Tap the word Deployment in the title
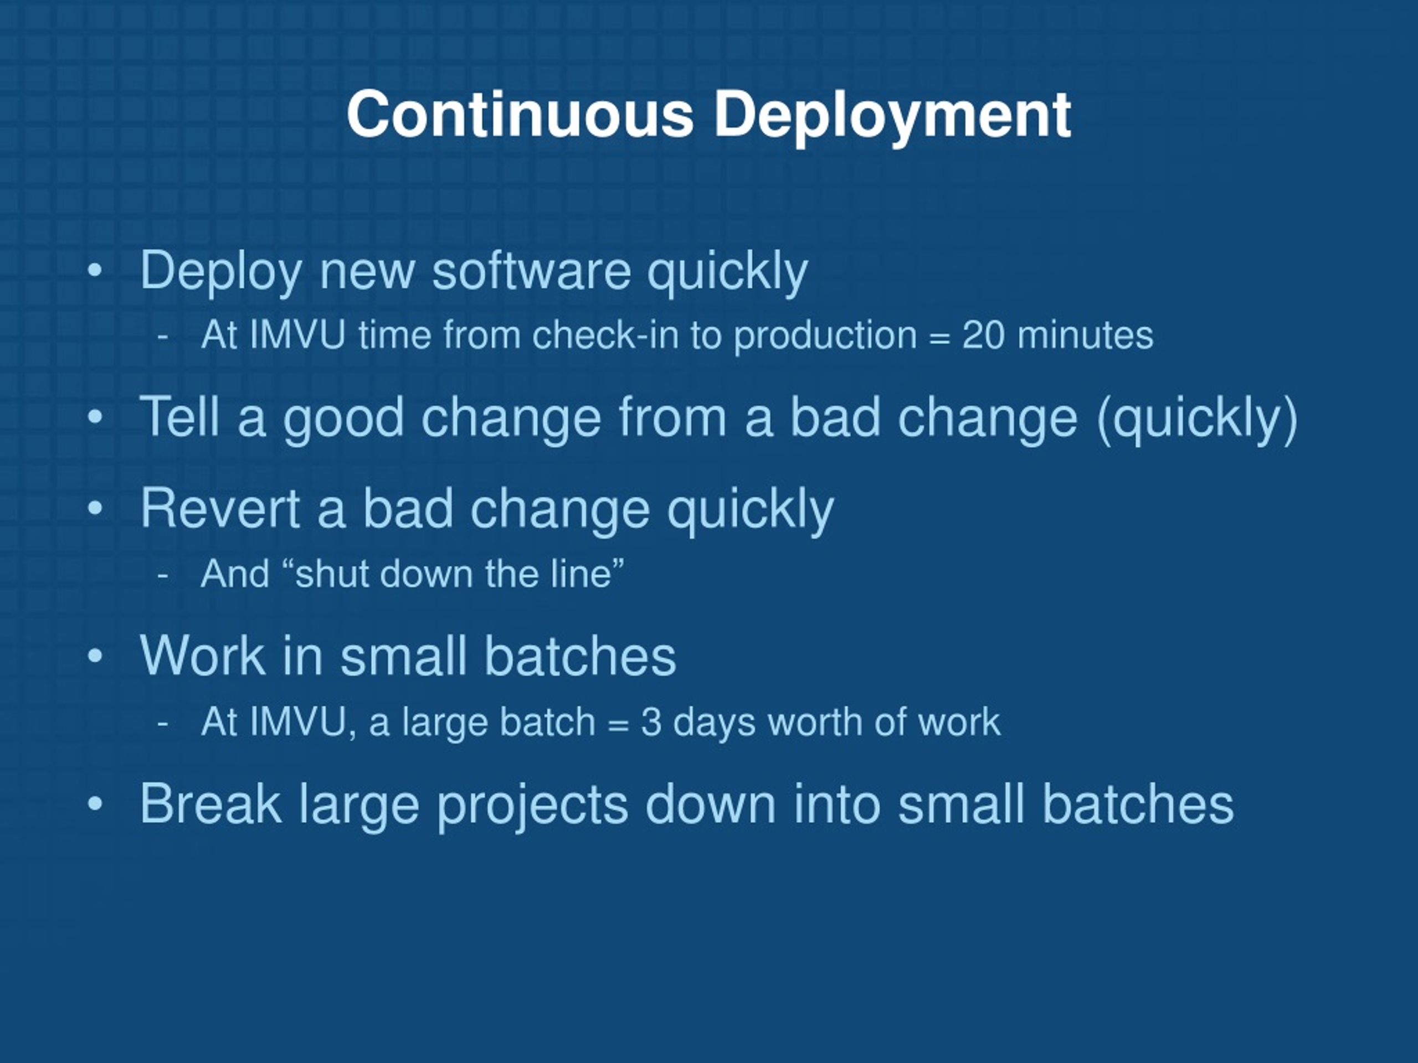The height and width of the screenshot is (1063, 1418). point(892,118)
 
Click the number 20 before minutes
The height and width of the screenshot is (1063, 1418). point(983,335)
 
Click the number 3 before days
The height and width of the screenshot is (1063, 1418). point(651,722)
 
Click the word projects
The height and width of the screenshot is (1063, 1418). point(532,806)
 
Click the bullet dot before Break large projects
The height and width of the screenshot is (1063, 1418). point(95,803)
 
